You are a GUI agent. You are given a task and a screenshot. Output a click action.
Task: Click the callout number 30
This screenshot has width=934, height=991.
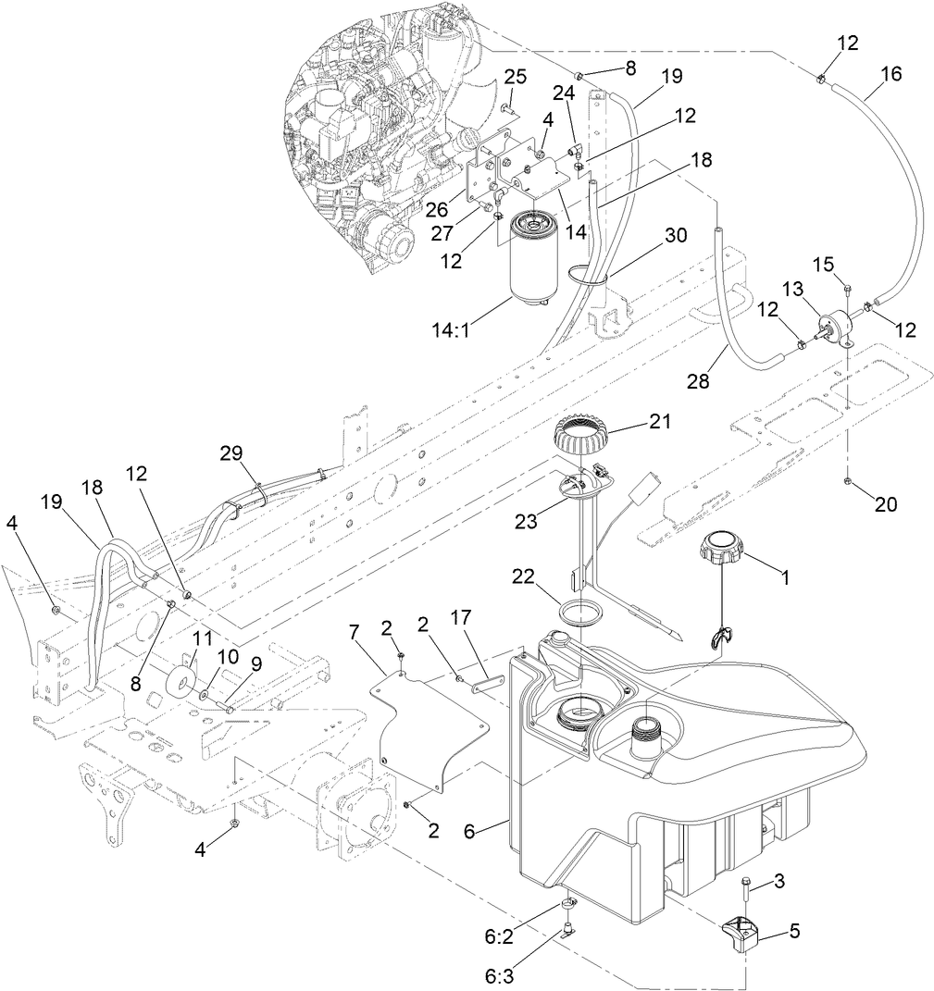pos(676,235)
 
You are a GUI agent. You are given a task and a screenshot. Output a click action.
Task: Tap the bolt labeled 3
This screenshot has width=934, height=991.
pos(746,892)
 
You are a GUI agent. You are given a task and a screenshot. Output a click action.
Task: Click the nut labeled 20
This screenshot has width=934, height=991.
pos(848,482)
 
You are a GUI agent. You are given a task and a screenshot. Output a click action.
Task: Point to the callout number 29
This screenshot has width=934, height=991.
pos(230,452)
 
